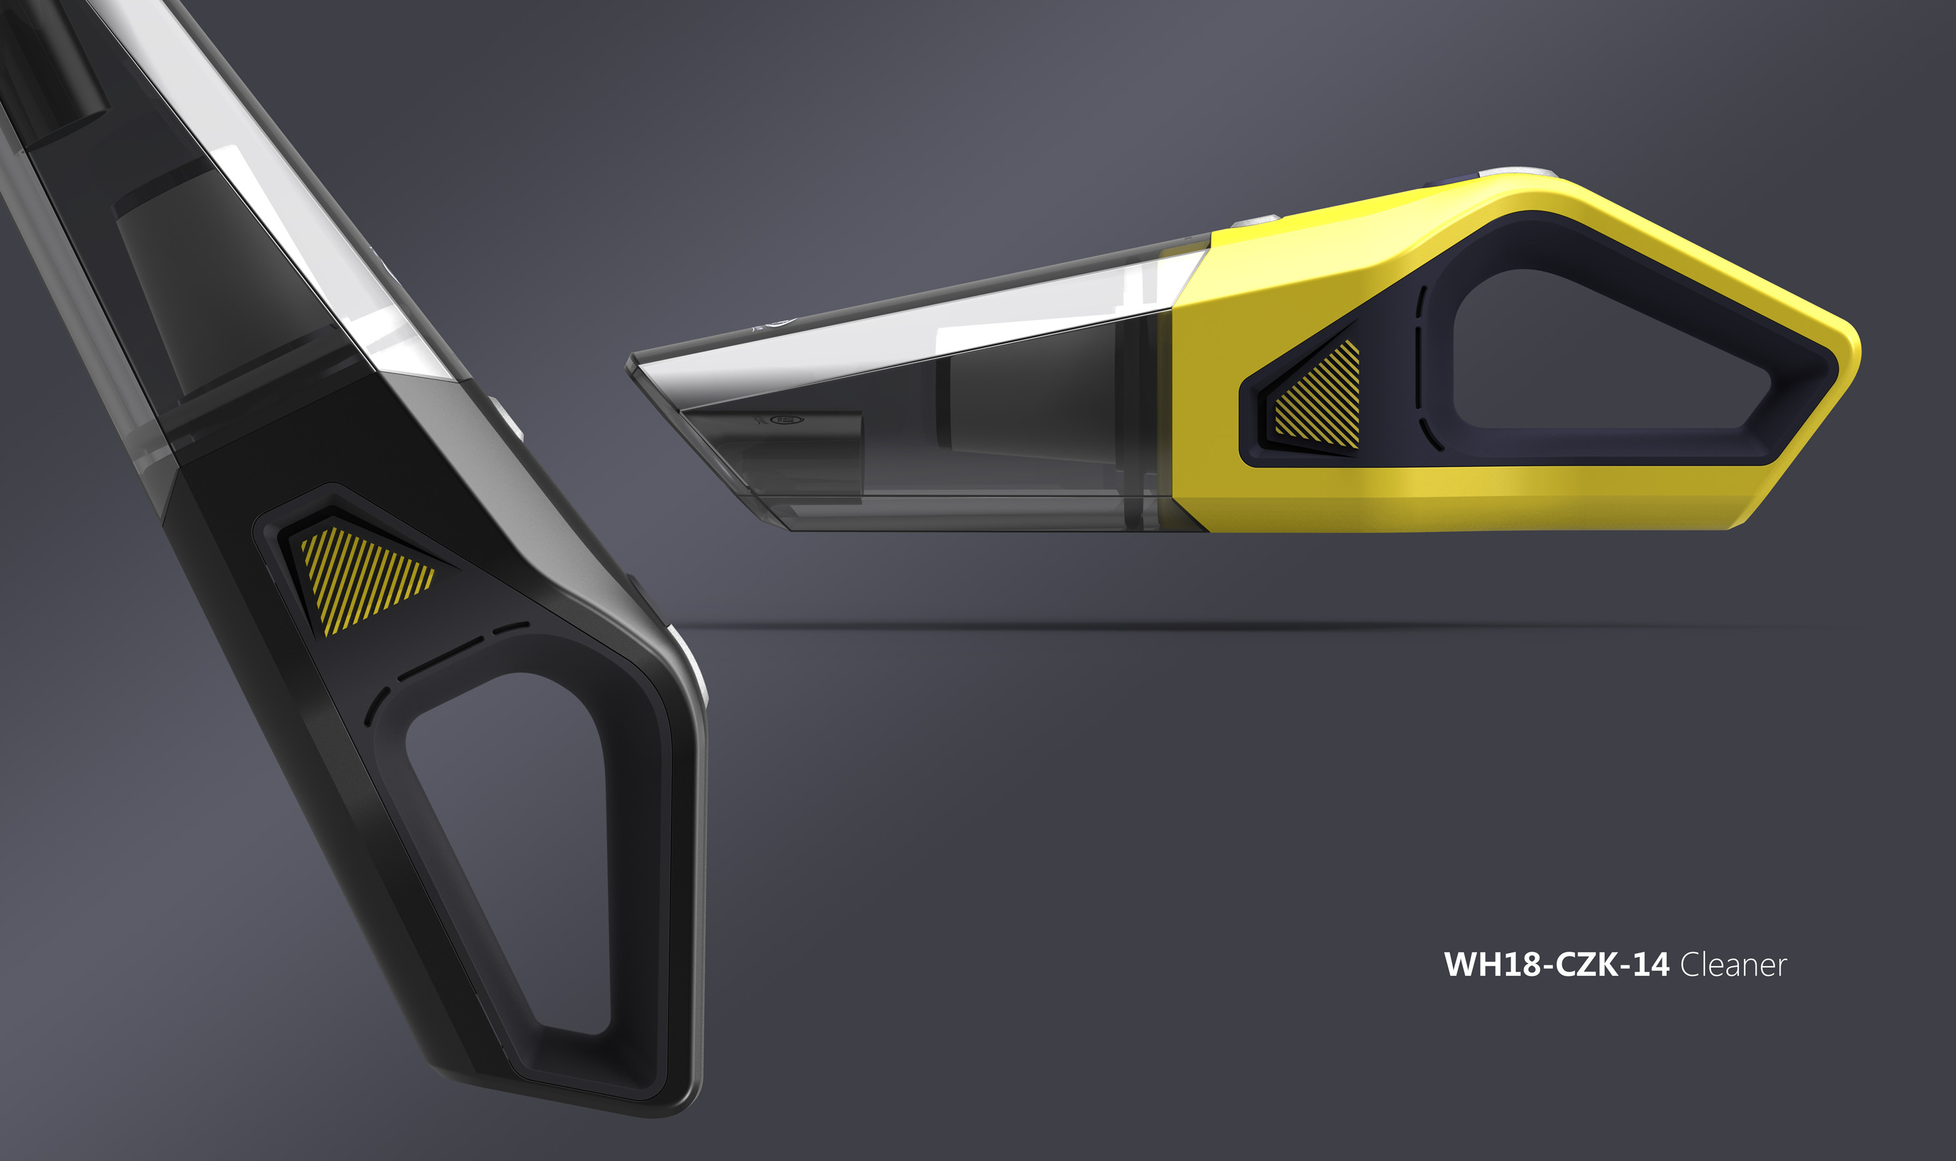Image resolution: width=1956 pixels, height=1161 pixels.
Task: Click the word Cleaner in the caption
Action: tap(1733, 965)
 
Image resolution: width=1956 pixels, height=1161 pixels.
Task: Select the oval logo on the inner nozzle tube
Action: tap(787, 420)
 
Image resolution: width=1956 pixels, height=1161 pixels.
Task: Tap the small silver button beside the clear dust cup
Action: tap(1255, 222)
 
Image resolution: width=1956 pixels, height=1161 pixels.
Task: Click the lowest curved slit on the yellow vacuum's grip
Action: tap(1431, 434)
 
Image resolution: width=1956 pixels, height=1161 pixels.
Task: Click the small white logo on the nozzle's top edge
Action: tap(778, 321)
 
